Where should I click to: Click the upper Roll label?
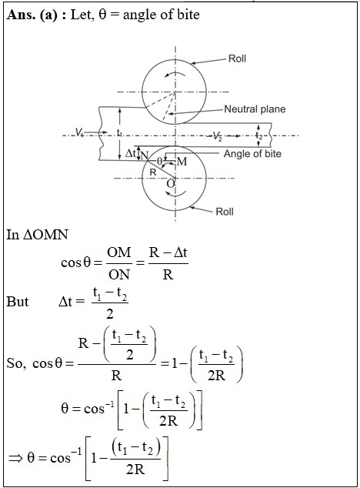pyautogui.click(x=237, y=58)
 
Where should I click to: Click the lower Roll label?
pyautogui.click(x=225, y=212)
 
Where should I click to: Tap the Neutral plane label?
pyautogui.click(x=255, y=109)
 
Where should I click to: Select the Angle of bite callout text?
pyautogui.click(x=252, y=154)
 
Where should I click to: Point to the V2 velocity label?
pyautogui.click(x=217, y=136)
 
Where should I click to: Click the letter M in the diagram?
pyautogui.click(x=182, y=161)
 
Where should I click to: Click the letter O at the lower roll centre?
pyautogui.click(x=171, y=184)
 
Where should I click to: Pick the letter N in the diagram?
pyautogui.click(x=144, y=155)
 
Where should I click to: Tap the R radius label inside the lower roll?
pyautogui.click(x=153, y=172)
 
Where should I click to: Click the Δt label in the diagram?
pyautogui.click(x=131, y=153)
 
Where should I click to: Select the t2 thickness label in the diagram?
pyautogui.click(x=259, y=135)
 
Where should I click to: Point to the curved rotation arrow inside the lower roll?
pyautogui.click(x=176, y=193)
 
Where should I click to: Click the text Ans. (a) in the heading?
pyautogui.click(x=32, y=15)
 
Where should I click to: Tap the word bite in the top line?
pyautogui.click(x=188, y=15)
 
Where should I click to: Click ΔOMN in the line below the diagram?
pyautogui.click(x=45, y=235)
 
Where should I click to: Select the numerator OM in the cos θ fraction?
pyautogui.click(x=119, y=252)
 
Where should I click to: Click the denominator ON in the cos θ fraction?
pyautogui.click(x=119, y=274)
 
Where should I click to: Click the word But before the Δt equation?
pyautogui.click(x=18, y=301)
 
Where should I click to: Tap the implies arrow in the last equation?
pyautogui.click(x=16, y=458)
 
